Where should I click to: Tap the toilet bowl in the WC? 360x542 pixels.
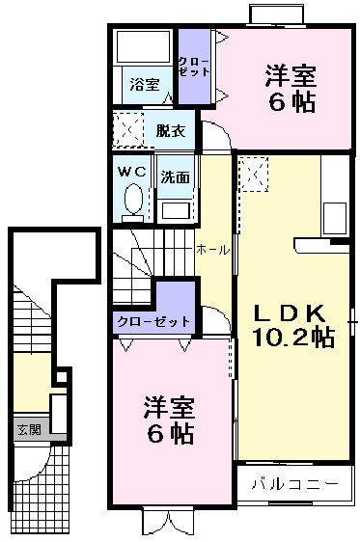point(133,203)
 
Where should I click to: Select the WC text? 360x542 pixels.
point(131,171)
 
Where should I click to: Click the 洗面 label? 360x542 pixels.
point(175,177)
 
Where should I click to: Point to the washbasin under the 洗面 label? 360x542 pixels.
point(176,209)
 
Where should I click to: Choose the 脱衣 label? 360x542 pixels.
point(170,128)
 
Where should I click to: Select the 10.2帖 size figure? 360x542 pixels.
point(293,338)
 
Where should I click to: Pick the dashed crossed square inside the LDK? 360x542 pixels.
point(255,174)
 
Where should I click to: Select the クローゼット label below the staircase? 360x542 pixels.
point(152,320)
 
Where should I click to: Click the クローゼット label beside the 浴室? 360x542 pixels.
point(191,67)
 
